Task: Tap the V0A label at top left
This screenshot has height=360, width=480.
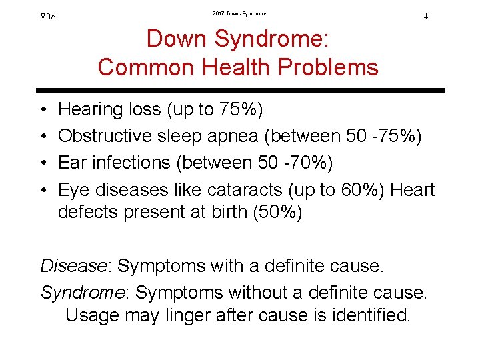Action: (49, 16)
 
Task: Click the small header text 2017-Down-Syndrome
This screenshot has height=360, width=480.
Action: (239, 13)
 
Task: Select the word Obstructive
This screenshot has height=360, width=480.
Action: (105, 136)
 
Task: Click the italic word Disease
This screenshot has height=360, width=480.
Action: (75, 265)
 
